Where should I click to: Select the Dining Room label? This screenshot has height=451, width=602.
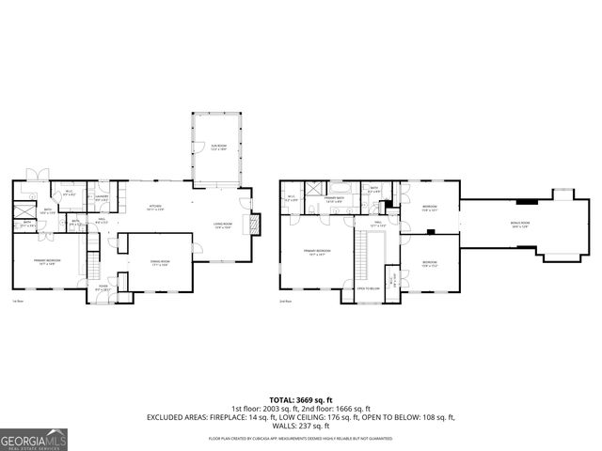[159, 264]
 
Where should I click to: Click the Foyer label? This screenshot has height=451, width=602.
[103, 290]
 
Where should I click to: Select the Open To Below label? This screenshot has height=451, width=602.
[368, 288]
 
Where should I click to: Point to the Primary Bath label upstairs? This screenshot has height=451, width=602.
[334, 198]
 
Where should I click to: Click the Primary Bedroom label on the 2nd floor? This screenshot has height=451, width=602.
[316, 251]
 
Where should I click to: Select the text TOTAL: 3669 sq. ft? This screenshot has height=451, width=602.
[300, 399]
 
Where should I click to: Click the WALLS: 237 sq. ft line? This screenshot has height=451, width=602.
[300, 425]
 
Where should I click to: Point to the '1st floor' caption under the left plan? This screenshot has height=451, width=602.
[17, 302]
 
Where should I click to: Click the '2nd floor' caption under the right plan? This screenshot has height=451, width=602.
[286, 302]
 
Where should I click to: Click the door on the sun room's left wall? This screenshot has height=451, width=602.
[194, 147]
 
